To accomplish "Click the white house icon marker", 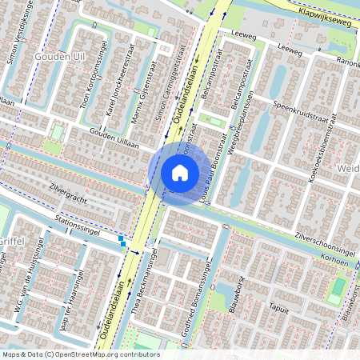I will [x=180, y=173].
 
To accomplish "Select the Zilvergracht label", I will [x=67, y=195].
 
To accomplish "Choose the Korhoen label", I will [x=335, y=262].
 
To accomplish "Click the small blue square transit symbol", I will [x=122, y=238].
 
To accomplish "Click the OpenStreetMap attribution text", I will [x=80, y=354].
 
